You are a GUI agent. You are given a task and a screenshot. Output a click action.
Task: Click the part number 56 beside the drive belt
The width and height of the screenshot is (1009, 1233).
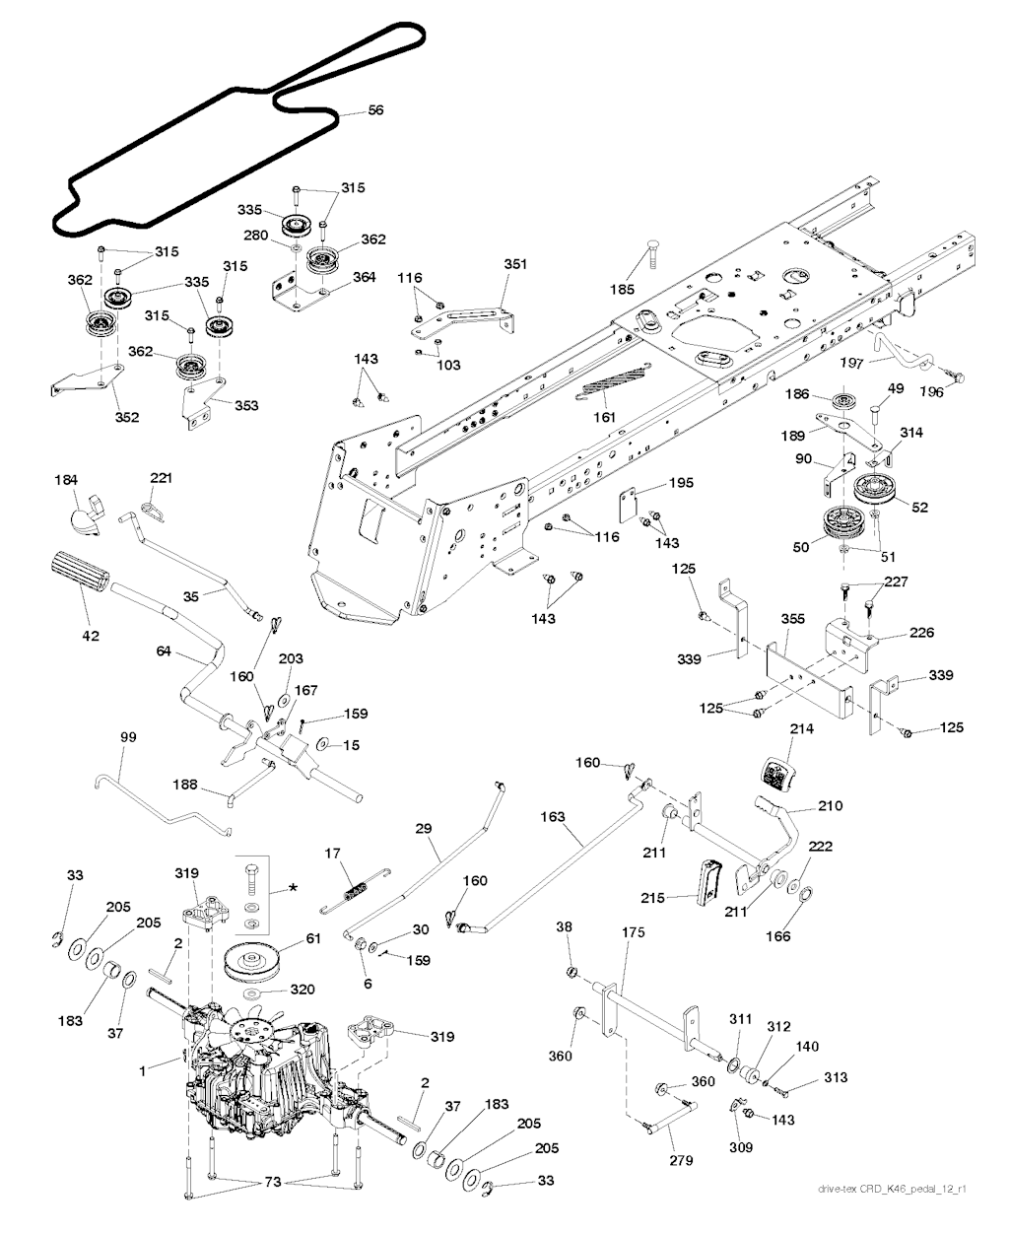[x=375, y=111]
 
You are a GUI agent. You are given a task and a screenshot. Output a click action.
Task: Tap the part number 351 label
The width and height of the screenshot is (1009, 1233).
[x=515, y=264]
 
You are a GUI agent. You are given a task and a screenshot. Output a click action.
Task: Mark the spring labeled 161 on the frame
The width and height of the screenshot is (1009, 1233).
[x=605, y=387]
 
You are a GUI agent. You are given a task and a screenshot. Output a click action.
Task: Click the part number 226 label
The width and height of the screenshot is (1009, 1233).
[x=921, y=633]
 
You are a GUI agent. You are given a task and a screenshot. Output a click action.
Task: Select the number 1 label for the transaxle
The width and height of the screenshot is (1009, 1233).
[x=144, y=1068]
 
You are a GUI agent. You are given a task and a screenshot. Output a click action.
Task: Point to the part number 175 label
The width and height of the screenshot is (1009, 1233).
[x=627, y=929]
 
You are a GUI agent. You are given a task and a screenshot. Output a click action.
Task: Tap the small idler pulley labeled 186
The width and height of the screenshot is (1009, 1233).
[x=843, y=401]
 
